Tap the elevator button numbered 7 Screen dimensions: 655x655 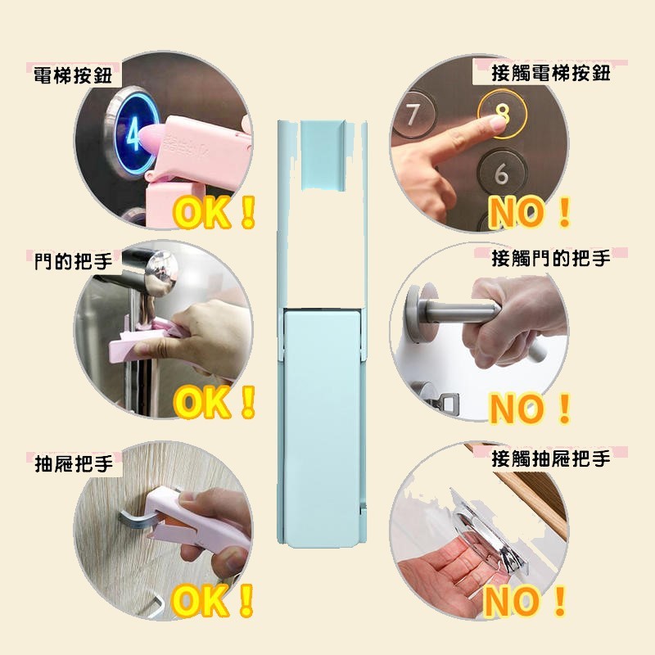pos(413,115)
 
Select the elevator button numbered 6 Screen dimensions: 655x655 pos(501,172)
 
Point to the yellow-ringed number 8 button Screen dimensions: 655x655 pos(502,114)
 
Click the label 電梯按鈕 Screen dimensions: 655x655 pos(73,75)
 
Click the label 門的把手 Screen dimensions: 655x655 pos(74,261)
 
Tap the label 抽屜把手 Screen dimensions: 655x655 pos(74,463)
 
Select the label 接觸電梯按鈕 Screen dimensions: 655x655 pos(550,74)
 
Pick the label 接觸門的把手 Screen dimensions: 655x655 pos(550,258)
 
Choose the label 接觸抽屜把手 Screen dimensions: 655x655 pos(550,458)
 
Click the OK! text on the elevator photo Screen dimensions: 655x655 pos(214,212)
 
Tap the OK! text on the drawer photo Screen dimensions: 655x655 pos(213,601)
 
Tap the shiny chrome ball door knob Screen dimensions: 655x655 pos(160,272)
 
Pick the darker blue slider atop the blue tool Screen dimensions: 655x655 pos(322,155)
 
